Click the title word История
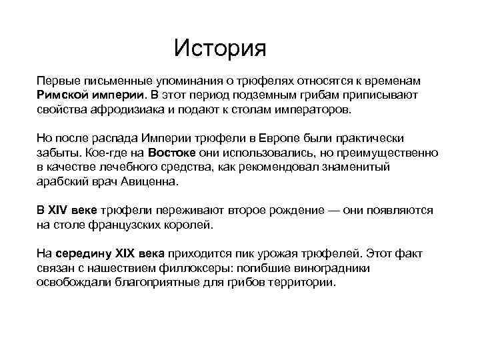[219, 48]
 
